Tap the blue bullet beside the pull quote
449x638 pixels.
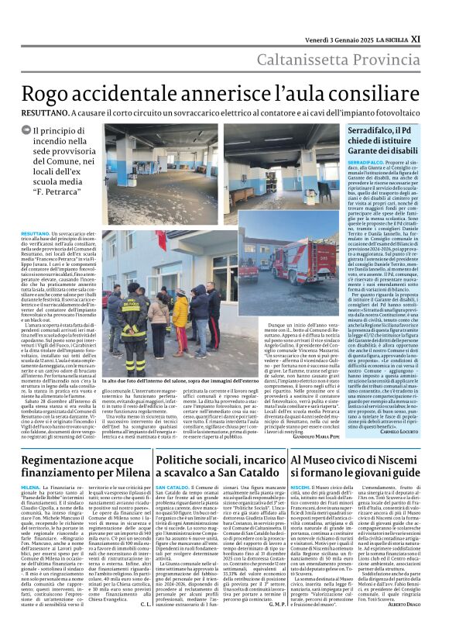pos(38,131)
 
